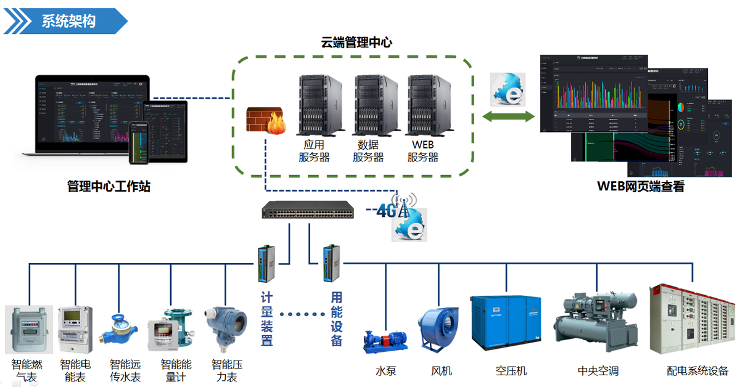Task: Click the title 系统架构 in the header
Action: [68, 21]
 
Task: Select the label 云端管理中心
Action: [356, 43]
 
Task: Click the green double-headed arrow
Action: [508, 116]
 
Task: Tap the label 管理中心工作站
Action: [109, 186]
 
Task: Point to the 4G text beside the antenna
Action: [386, 211]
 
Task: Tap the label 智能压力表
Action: [227, 370]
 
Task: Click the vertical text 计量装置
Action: [266, 319]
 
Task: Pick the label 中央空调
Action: [598, 371]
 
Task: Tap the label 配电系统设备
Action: [697, 371]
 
